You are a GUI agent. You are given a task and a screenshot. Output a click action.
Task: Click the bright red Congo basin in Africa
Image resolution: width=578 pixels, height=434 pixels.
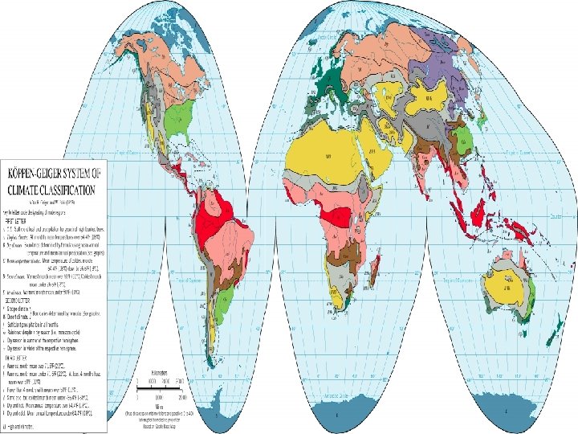(336, 216)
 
